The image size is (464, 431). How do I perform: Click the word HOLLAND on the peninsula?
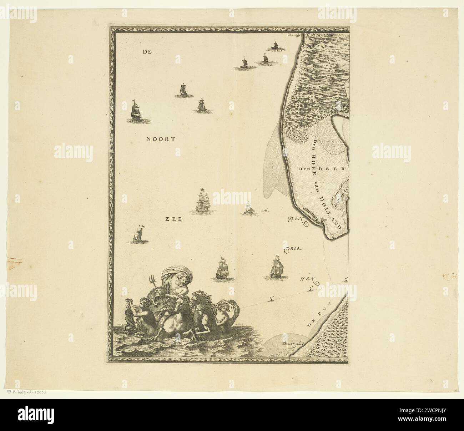pyautogui.click(x=330, y=212)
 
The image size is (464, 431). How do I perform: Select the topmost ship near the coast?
pyautogui.click(x=274, y=45)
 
